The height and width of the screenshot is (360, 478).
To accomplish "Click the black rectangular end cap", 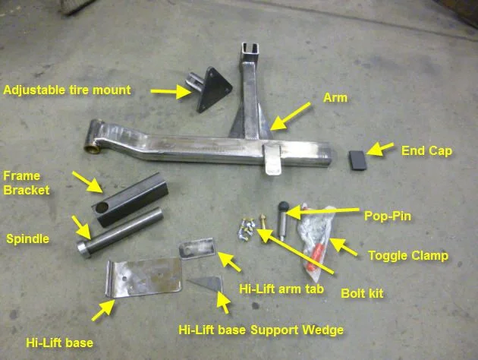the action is [357, 160].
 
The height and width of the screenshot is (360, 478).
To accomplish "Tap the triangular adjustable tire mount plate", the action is [214, 90].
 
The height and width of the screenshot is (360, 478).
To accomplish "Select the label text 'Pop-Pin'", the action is [388, 216].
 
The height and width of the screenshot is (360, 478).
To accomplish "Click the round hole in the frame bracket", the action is [102, 208].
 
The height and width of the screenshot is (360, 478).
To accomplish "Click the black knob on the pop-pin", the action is [283, 207].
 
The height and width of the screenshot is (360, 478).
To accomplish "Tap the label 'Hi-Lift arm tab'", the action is [281, 289].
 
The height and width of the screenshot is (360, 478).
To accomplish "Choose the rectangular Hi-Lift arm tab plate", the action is [197, 248].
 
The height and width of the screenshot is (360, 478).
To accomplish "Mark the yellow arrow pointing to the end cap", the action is [379, 149].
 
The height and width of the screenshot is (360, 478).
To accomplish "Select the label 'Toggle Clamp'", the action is [408, 256].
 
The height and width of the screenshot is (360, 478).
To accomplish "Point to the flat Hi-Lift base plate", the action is [143, 277].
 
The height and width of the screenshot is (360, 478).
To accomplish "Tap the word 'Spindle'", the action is [28, 239].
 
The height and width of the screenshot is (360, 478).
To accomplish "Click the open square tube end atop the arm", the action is [250, 52].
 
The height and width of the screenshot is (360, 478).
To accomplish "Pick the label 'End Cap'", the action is [426, 150].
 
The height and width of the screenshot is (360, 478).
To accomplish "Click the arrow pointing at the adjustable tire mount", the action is [171, 91].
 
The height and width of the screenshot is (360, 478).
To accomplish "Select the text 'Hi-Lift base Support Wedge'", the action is [261, 330].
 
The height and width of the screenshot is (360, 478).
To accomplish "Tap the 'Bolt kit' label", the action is [362, 293].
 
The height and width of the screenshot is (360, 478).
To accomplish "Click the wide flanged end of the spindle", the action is [84, 249].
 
